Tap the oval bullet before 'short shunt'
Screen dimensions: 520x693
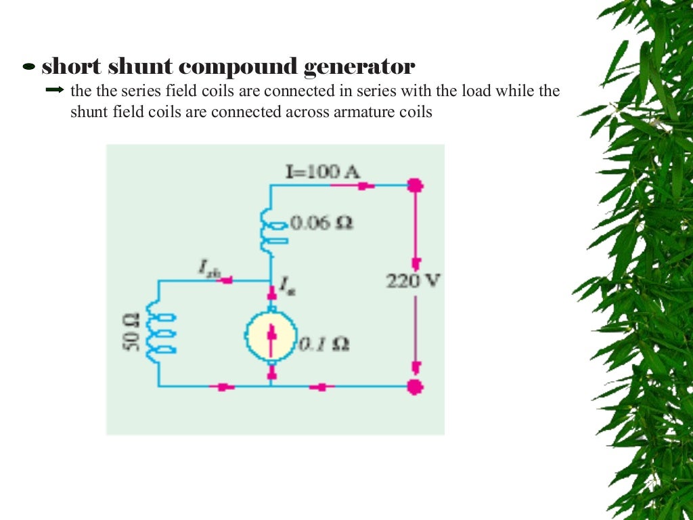[x=29, y=68]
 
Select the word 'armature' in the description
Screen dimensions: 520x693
[x=362, y=112]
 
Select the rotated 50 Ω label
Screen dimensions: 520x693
[x=129, y=331]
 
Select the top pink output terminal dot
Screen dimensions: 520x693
[x=416, y=184]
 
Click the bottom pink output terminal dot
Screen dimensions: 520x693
[x=416, y=387]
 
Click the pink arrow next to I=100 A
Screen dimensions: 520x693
[x=366, y=184]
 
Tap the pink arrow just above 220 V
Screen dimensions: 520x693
[x=416, y=262]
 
